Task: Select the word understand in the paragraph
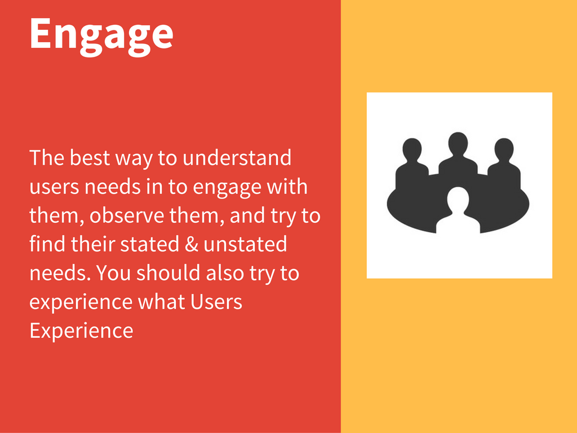point(237,158)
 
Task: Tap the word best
point(90,158)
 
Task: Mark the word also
point(225,273)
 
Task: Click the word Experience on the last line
point(81,330)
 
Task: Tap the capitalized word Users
point(216,302)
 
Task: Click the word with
point(287,187)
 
